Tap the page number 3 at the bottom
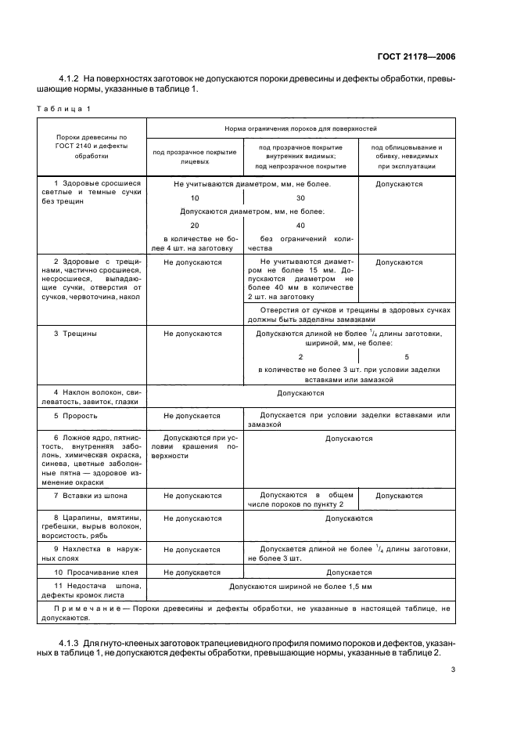tap(453, 670)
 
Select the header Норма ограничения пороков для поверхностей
tap(300, 126)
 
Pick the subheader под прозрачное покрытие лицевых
tap(195, 153)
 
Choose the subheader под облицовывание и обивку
tap(407, 157)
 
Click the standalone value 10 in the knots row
tap(195, 198)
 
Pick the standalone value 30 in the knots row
tap(301, 198)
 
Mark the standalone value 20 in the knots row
tap(195, 225)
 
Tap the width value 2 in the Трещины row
tap(301, 356)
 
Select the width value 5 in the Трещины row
tap(407, 356)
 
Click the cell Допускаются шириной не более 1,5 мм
tap(300, 586)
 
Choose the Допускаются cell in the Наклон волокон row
tap(300, 393)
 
